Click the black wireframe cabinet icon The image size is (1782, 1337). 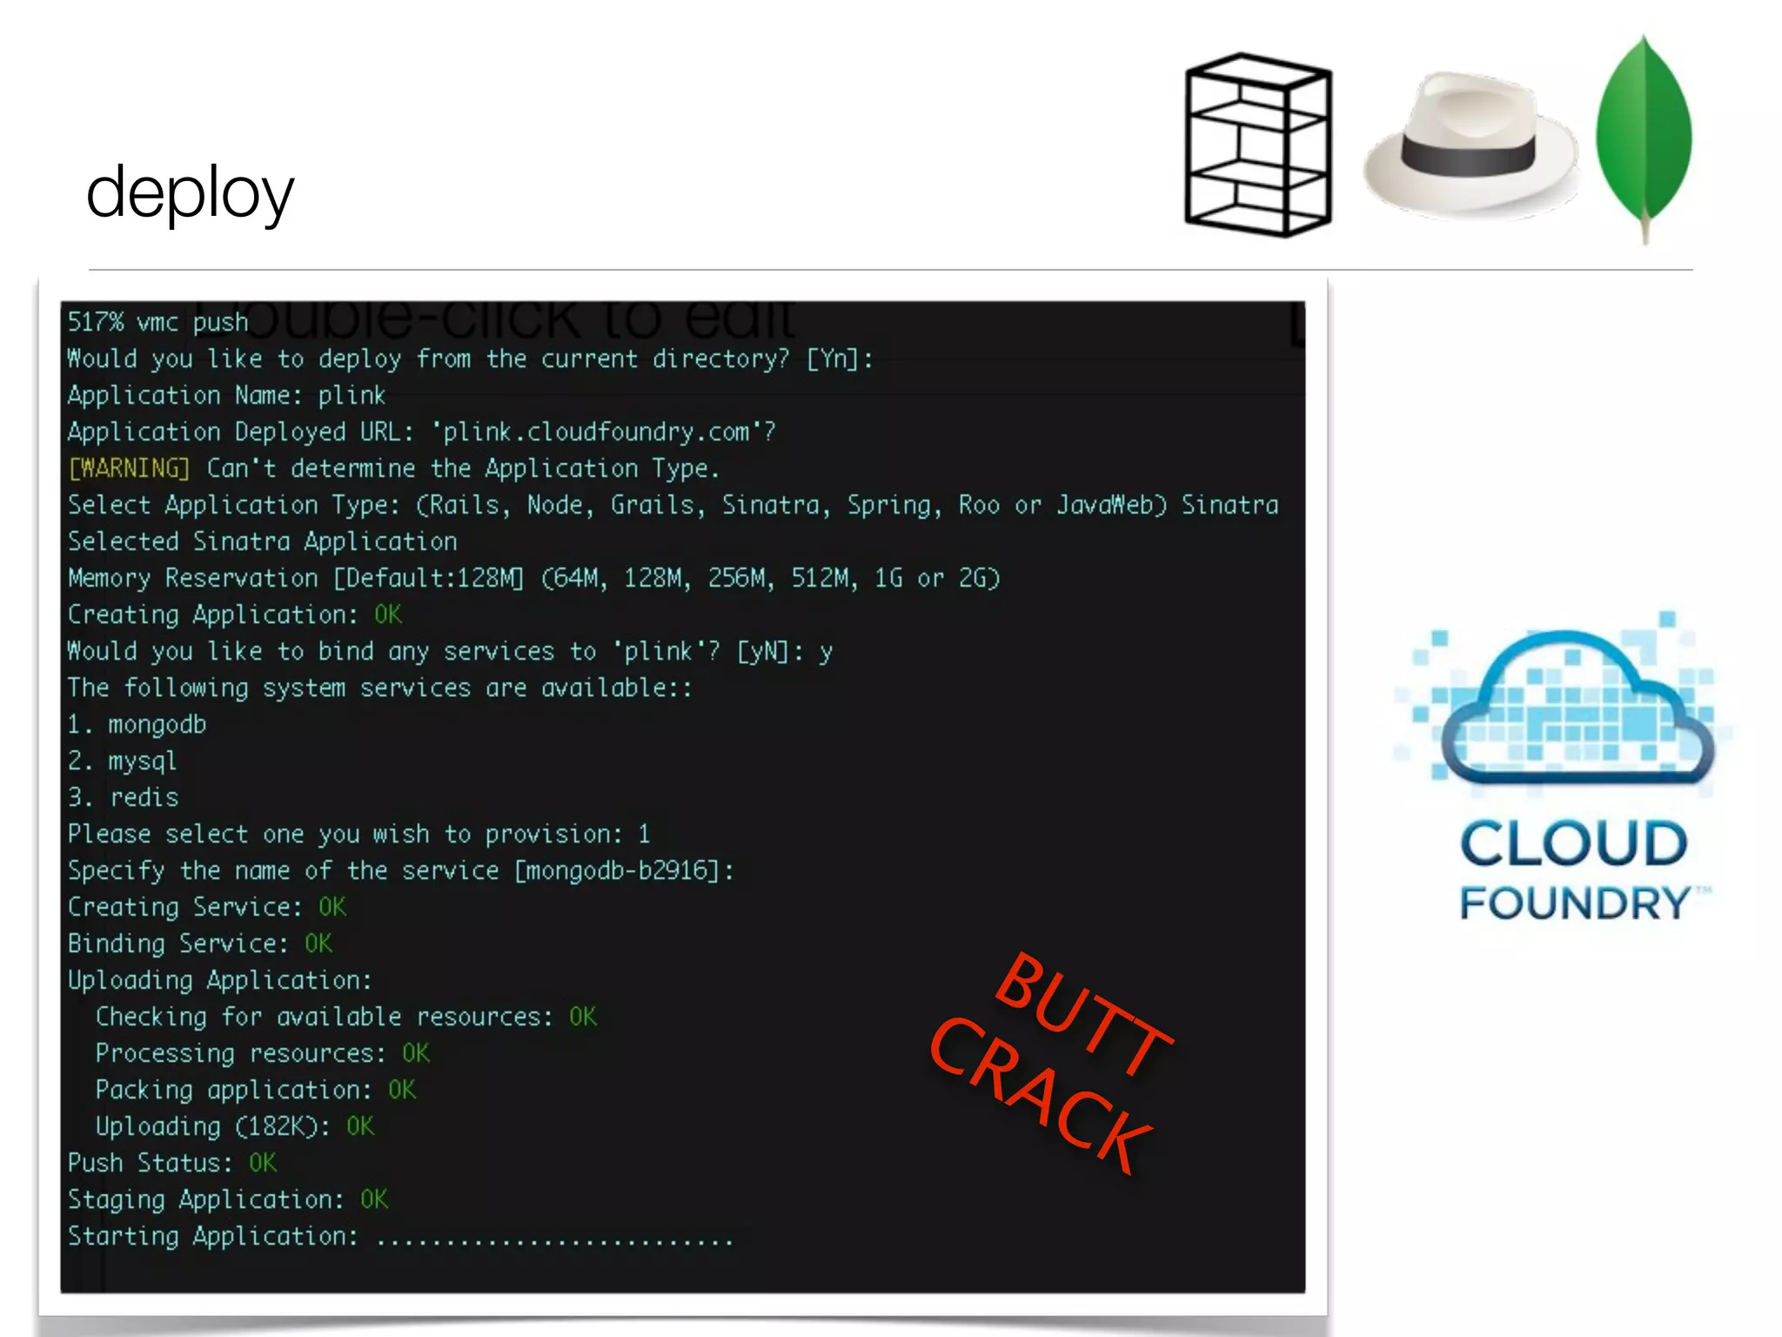[x=1258, y=145]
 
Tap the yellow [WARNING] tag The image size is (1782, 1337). [x=129, y=469]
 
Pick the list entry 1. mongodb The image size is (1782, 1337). [x=137, y=725]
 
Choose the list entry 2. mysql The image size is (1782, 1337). [x=123, y=762]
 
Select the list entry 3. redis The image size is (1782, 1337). [x=124, y=798]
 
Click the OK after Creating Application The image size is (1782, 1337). [x=388, y=615]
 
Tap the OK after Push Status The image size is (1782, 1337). [x=263, y=1164]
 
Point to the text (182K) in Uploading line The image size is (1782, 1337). [x=277, y=1127]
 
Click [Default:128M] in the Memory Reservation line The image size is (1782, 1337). [x=430, y=579]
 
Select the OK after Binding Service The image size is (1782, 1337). [x=318, y=944]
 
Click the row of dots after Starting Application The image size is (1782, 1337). [x=555, y=1239]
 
